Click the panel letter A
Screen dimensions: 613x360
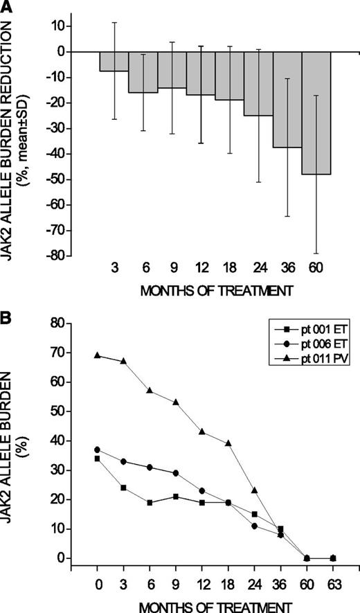tap(7, 6)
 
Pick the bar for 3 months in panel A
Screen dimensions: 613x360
tap(114, 62)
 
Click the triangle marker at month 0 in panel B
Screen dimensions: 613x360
tap(97, 355)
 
